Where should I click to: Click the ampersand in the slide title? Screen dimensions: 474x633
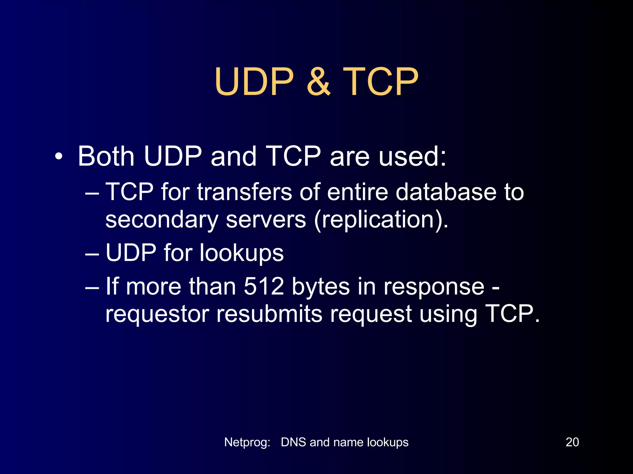(x=318, y=82)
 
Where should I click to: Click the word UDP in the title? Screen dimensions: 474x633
(x=254, y=82)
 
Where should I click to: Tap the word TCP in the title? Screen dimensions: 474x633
(x=380, y=82)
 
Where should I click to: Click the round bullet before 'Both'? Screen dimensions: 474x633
(x=58, y=157)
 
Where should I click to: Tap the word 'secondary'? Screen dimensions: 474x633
(x=162, y=220)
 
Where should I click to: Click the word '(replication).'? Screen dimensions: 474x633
(x=381, y=220)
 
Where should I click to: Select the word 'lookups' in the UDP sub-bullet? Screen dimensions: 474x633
(x=241, y=253)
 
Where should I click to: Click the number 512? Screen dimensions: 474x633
(x=264, y=286)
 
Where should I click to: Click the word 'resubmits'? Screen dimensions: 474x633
(x=269, y=314)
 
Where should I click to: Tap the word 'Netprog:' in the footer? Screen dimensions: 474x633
(x=247, y=443)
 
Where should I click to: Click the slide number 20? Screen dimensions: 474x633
(x=572, y=442)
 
